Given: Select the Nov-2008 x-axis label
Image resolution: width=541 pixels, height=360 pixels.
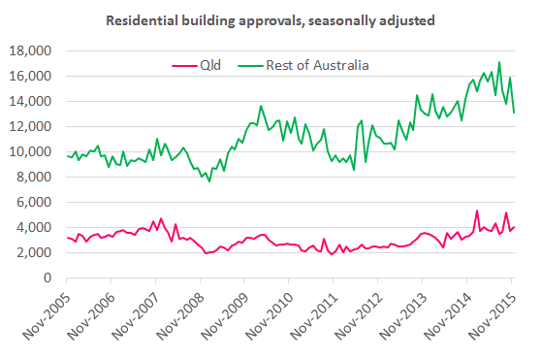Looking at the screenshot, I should (x=179, y=312).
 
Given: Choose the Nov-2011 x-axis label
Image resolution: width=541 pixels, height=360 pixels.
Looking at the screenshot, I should (x=311, y=312).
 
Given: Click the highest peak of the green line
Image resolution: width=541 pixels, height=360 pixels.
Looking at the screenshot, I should (x=499, y=62).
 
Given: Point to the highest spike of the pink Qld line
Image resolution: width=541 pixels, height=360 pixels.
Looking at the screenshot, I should (x=477, y=211).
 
